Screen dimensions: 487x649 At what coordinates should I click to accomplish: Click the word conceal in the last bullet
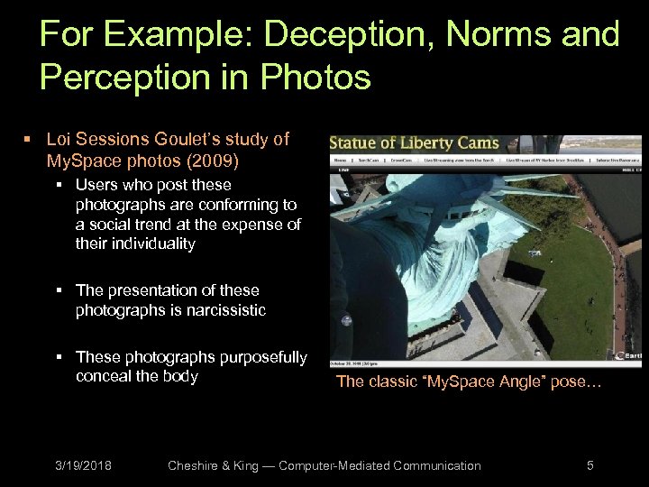[104, 376]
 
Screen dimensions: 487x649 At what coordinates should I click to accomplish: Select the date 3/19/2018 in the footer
[82, 465]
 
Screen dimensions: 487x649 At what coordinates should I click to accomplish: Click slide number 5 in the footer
[590, 465]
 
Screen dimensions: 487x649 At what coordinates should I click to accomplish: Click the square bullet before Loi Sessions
[28, 140]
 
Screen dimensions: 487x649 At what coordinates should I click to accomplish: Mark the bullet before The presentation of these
[58, 290]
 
